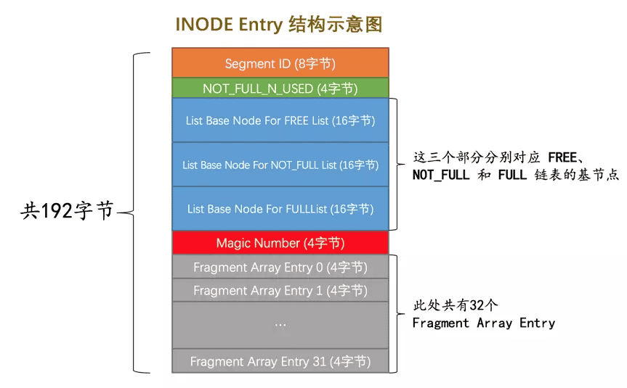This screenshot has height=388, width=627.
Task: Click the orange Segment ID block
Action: point(280,62)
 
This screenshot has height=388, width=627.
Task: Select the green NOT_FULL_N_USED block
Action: point(280,88)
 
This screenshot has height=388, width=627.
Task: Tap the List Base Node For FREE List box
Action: point(280,120)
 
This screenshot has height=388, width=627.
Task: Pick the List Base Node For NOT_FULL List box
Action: point(280,165)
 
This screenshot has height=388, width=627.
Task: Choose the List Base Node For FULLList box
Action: point(280,208)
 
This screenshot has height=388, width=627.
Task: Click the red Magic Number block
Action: point(280,243)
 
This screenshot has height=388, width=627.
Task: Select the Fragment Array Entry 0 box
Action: point(280,267)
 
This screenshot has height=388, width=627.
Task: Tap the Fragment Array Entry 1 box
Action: point(280,290)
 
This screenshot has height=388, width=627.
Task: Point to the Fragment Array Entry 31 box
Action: point(280,361)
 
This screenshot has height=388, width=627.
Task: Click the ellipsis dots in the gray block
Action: point(280,326)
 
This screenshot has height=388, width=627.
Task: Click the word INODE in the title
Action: point(204,25)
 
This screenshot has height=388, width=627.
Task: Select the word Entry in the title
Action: point(261,25)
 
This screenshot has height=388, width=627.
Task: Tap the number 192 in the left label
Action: point(57,210)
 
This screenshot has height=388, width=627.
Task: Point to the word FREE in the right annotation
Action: point(562,157)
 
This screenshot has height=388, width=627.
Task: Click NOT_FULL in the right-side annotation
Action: point(441,175)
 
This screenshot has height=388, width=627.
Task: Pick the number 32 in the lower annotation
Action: point(477,305)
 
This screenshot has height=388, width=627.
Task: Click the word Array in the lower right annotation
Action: point(494,323)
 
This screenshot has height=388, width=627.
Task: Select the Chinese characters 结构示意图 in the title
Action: point(336,25)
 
